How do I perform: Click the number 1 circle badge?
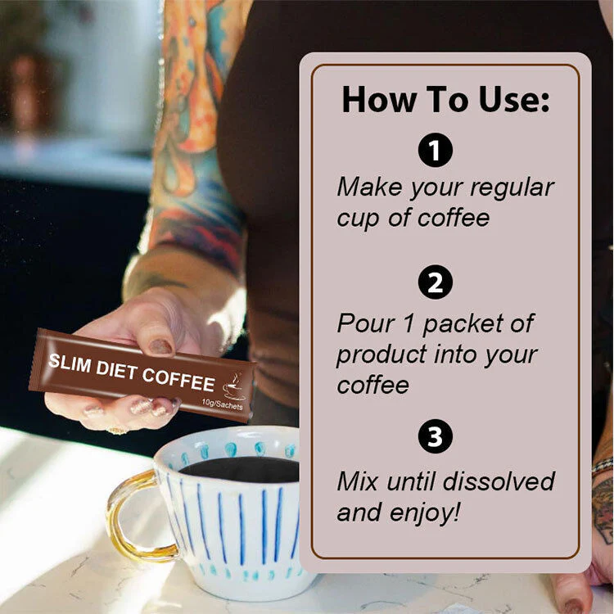coord(435,150)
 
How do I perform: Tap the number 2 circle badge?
coord(435,282)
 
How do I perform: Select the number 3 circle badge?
coord(435,436)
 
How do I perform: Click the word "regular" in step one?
coord(512,189)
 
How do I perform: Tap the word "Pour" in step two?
coord(366,323)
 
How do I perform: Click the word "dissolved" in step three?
coord(499,481)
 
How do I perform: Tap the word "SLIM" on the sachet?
coord(70,363)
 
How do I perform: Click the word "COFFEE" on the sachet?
coord(178,380)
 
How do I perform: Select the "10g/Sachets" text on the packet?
coord(222,404)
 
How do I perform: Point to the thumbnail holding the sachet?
coord(161,346)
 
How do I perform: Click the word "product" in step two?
coord(381,355)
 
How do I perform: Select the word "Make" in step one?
coord(370,187)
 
